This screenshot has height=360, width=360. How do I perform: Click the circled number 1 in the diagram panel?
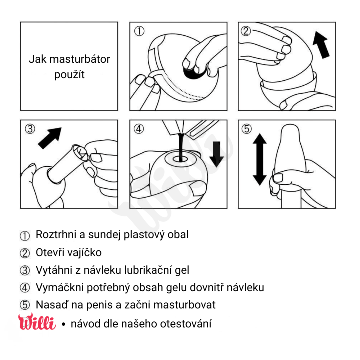click(139, 31)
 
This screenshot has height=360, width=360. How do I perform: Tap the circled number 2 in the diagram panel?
click(246, 31)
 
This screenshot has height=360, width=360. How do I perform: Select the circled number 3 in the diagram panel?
click(30, 129)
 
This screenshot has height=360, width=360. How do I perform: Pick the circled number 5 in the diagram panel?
click(246, 129)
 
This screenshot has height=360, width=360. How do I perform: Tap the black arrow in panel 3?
click(50, 137)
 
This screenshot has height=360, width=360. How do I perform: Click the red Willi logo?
click(37, 322)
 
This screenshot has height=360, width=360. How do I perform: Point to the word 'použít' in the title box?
click(69, 75)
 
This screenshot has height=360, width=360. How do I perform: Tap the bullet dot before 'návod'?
click(63, 324)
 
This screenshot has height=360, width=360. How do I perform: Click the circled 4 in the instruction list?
click(25, 288)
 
